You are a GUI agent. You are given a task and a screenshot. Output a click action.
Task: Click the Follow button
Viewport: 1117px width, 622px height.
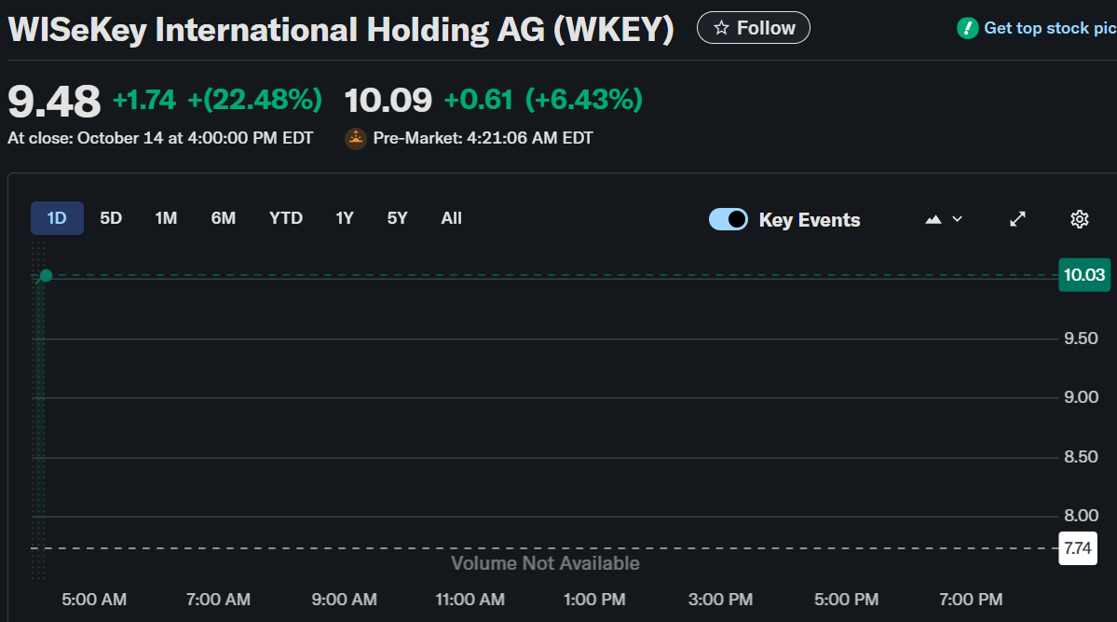tap(753, 28)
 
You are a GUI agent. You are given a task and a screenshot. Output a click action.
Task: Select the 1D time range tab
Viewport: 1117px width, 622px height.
tap(57, 218)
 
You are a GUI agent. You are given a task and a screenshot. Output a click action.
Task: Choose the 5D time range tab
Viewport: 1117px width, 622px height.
tap(111, 218)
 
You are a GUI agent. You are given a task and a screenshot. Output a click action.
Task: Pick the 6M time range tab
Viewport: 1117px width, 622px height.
tap(223, 218)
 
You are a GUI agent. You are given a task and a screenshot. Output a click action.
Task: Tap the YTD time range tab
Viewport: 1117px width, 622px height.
tap(286, 218)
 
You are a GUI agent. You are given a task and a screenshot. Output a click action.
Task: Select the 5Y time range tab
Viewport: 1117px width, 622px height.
tap(397, 218)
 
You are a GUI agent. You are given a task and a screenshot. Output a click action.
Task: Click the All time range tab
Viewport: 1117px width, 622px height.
tap(451, 218)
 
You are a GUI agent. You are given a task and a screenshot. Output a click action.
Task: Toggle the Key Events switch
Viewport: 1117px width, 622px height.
tap(729, 219)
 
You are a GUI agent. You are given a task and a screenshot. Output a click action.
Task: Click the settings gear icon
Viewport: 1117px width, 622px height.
tap(1079, 219)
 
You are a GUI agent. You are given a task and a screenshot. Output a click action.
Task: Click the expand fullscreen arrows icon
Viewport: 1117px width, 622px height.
tap(1018, 219)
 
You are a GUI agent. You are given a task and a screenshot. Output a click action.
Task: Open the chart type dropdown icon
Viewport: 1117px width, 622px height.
tap(943, 219)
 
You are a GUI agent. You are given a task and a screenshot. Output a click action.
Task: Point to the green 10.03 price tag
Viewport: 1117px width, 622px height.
tap(1084, 275)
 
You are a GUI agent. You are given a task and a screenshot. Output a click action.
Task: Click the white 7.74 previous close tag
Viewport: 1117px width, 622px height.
tap(1078, 548)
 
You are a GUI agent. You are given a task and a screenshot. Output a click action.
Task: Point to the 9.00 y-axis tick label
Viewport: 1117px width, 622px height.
tap(1081, 397)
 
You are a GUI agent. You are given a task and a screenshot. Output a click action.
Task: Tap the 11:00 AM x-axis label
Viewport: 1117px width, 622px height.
tap(470, 599)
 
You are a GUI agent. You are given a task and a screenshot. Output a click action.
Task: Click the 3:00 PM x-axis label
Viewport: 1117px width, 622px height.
tap(720, 599)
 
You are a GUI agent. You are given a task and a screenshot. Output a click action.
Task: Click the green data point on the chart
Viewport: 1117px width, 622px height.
tap(46, 276)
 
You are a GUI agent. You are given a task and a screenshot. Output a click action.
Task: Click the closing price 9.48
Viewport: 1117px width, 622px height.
tap(54, 101)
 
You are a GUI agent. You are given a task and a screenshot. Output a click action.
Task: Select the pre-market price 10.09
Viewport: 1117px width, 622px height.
tap(388, 100)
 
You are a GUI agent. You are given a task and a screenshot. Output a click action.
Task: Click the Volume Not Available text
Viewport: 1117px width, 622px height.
tap(545, 563)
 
